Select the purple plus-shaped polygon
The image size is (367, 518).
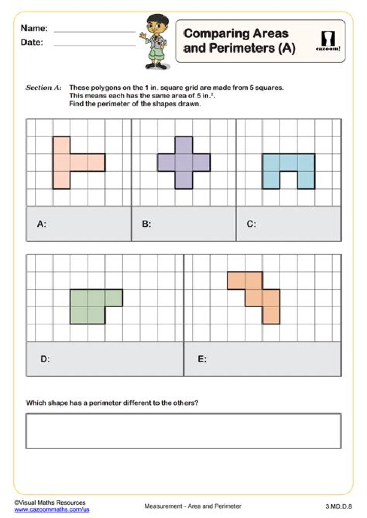[183, 163]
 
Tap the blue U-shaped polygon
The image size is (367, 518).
[289, 164]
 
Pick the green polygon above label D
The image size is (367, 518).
[88, 306]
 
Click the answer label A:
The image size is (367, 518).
[42, 223]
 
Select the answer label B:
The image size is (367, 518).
[147, 223]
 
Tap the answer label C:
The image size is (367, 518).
[252, 223]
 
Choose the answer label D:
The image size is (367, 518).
[45, 359]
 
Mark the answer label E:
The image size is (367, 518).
[202, 359]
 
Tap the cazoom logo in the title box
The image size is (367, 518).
[325, 41]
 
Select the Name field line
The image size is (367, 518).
[94, 32]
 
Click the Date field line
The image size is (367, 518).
[94, 46]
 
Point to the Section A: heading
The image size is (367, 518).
[43, 88]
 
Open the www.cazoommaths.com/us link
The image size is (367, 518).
[51, 509]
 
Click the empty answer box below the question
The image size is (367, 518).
[183, 431]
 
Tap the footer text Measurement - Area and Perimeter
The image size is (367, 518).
[193, 506]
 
